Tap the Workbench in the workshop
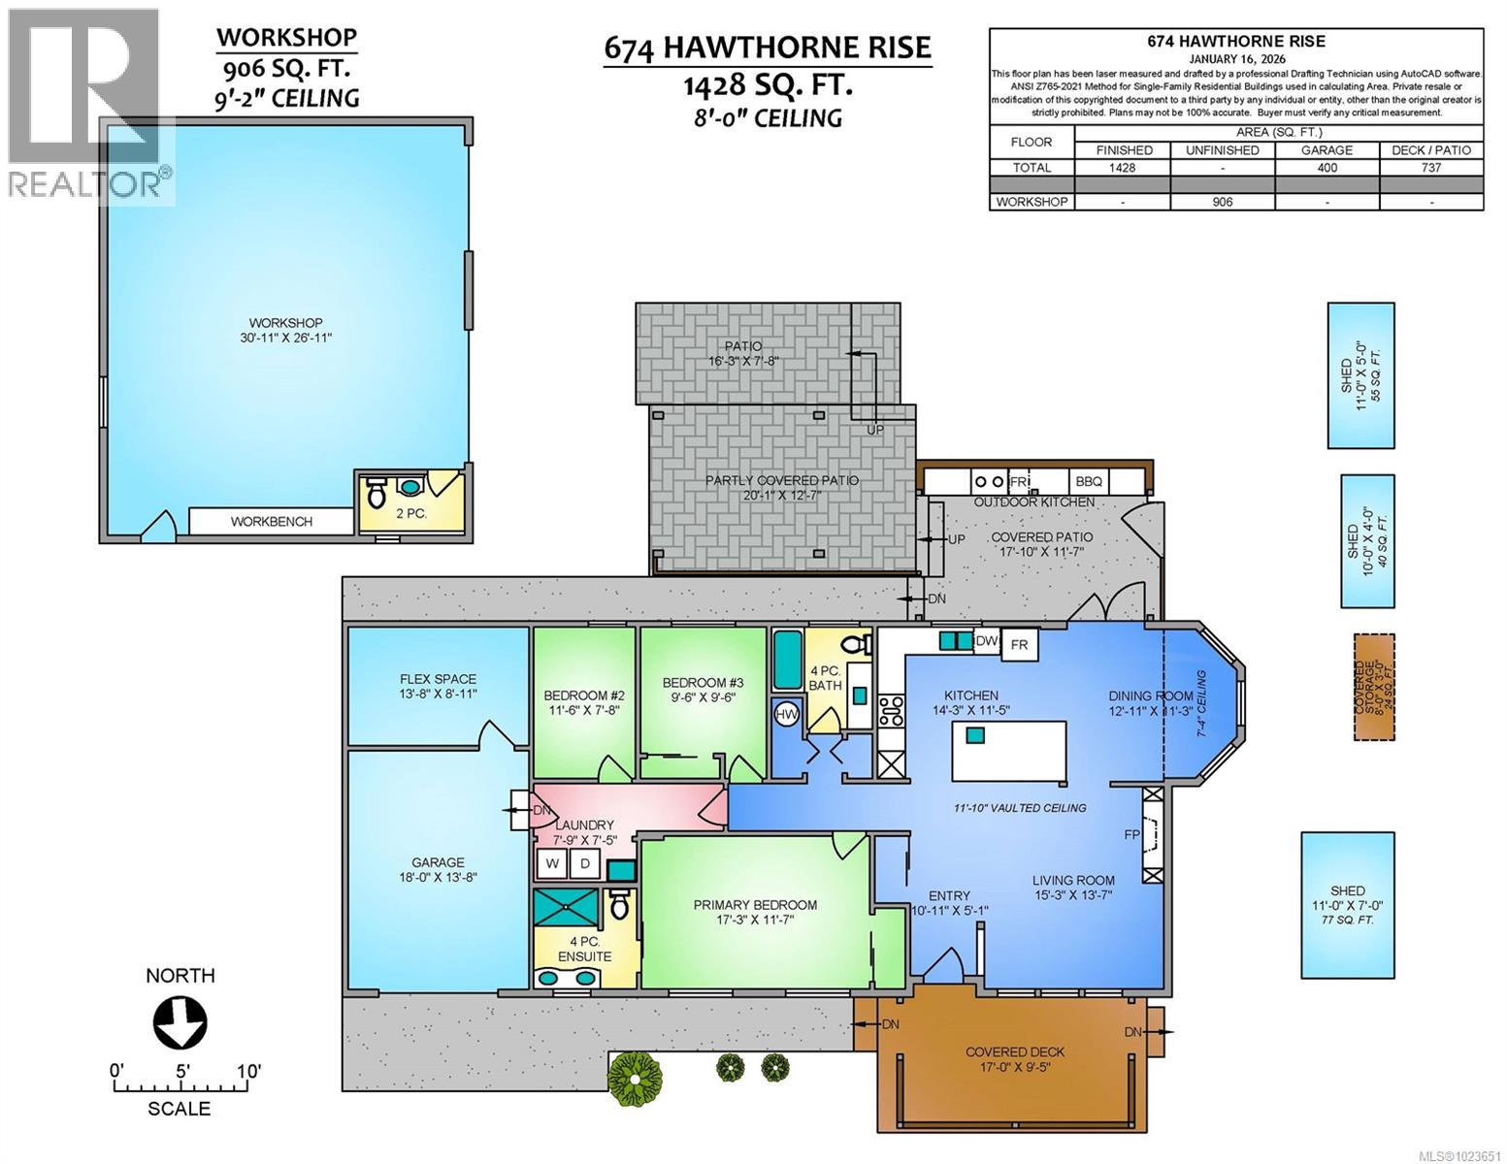tap(271, 522)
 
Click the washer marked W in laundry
tap(552, 863)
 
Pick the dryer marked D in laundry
tap(585, 863)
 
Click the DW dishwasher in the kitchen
tap(985, 641)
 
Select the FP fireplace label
tap(1131, 834)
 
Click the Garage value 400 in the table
tap(1327, 167)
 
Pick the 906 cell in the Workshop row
tap(1223, 202)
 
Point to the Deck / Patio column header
tap(1431, 149)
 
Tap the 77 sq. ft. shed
tap(1348, 904)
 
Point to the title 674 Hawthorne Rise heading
tap(767, 47)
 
